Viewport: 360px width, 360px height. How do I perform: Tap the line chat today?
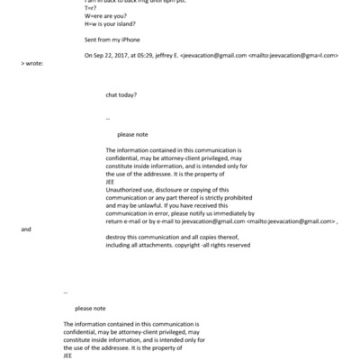coord(121,94)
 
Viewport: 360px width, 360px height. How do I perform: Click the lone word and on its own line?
coord(25,229)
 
